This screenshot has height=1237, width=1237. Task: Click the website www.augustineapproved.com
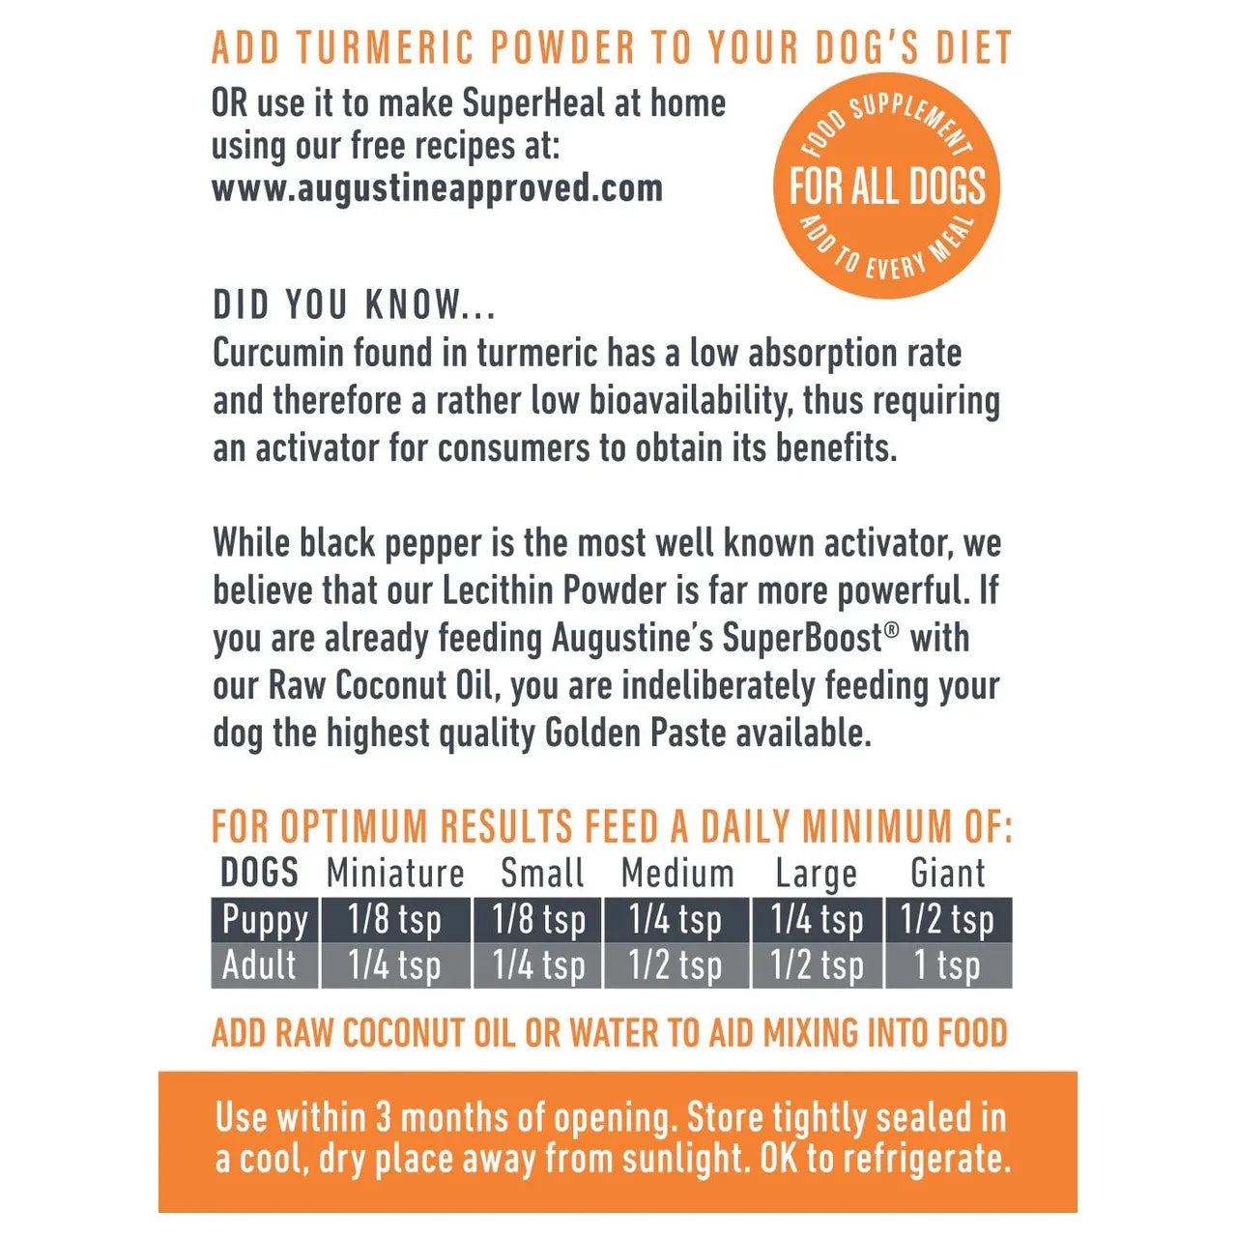tap(437, 188)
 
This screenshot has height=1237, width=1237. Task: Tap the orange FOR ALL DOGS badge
tap(886, 186)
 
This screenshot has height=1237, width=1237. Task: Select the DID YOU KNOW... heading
tap(354, 305)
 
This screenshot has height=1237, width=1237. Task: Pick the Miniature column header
tap(395, 874)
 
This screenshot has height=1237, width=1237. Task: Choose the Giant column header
tap(947, 874)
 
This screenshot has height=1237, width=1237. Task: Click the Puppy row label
tap(264, 919)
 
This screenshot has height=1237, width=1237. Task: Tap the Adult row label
tap(259, 965)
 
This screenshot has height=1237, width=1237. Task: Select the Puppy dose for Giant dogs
tap(947, 919)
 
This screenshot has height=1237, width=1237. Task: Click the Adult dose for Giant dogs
tap(947, 965)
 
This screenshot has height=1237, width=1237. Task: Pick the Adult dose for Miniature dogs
tap(394, 965)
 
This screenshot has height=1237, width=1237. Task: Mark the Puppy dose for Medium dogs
tap(675, 919)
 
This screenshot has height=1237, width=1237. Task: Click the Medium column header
tap(677, 874)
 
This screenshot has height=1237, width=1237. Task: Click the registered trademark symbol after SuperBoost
tap(891, 629)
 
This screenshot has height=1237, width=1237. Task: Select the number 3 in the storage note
tap(383, 1118)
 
